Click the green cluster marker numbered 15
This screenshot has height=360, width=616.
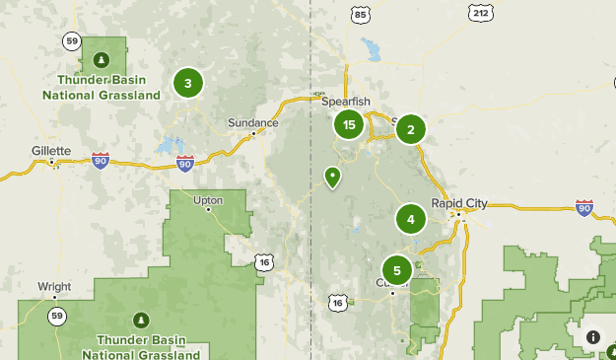[349, 125]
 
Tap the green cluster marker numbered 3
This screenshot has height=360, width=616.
[188, 84]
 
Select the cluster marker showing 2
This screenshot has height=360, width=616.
[411, 129]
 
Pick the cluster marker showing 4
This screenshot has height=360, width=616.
[411, 219]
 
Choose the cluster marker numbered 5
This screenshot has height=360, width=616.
[397, 269]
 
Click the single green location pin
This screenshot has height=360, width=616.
[332, 178]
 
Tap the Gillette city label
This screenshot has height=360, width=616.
[50, 151]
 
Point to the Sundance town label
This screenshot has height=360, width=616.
[253, 122]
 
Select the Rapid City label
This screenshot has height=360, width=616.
[459, 203]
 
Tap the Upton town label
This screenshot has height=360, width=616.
[208, 200]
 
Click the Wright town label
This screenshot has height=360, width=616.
[54, 287]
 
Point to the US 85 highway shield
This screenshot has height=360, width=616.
[361, 15]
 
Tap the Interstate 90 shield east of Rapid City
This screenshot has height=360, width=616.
[583, 207]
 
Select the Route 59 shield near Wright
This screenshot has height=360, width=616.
[58, 316]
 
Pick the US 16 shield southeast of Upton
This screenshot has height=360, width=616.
[262, 262]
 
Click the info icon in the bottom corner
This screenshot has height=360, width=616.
[592, 337]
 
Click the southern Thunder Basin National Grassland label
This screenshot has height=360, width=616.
[141, 346]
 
